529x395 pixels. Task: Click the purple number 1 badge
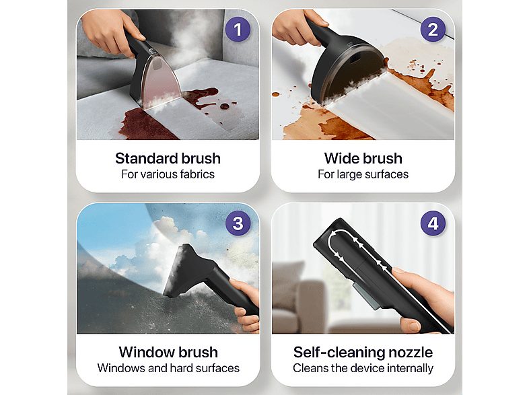tap(238, 30)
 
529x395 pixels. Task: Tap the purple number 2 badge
tap(433, 30)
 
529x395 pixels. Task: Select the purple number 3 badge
tap(238, 223)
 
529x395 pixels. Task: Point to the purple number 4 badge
tap(433, 223)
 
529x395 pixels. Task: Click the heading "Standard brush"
tap(168, 158)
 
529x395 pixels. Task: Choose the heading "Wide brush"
tap(363, 158)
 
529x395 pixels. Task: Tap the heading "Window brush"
tap(168, 352)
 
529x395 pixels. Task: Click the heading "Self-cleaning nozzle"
tap(363, 352)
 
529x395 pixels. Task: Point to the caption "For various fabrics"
tap(168, 174)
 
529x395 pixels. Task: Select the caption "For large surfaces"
tap(363, 174)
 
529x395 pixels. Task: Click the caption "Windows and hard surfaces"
tap(168, 367)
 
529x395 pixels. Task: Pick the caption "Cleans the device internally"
tap(363, 368)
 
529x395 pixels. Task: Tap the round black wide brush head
tap(347, 71)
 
